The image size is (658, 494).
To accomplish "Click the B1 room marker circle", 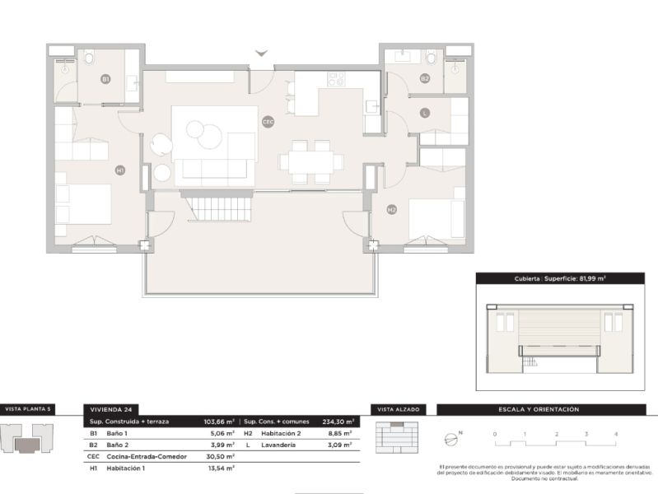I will (105, 79).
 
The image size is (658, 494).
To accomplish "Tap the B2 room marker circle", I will (425, 79).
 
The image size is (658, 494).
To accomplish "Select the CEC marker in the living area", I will (268, 121).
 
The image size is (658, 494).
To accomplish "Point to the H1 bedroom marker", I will (120, 170).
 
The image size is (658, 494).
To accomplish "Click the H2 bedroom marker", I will (392, 209).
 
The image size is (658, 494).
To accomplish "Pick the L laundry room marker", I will (424, 114).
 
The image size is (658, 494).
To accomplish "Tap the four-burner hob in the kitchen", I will (336, 80).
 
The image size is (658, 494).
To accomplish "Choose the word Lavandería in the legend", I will (280, 445).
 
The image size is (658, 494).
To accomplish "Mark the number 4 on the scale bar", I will (615, 433).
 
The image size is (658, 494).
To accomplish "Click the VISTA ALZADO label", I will (397, 409).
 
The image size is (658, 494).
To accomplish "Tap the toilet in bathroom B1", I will (88, 58).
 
